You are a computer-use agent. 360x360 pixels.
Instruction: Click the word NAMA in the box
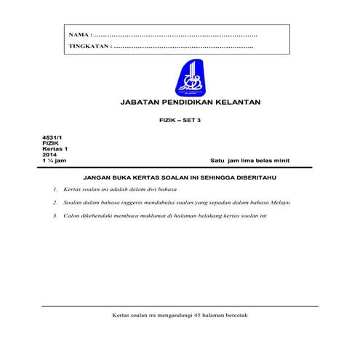tap(79, 35)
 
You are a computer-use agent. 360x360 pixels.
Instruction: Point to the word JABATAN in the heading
tap(137, 103)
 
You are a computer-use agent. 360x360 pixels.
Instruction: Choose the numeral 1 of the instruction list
tap(55, 189)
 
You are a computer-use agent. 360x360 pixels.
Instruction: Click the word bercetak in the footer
tap(236, 315)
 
